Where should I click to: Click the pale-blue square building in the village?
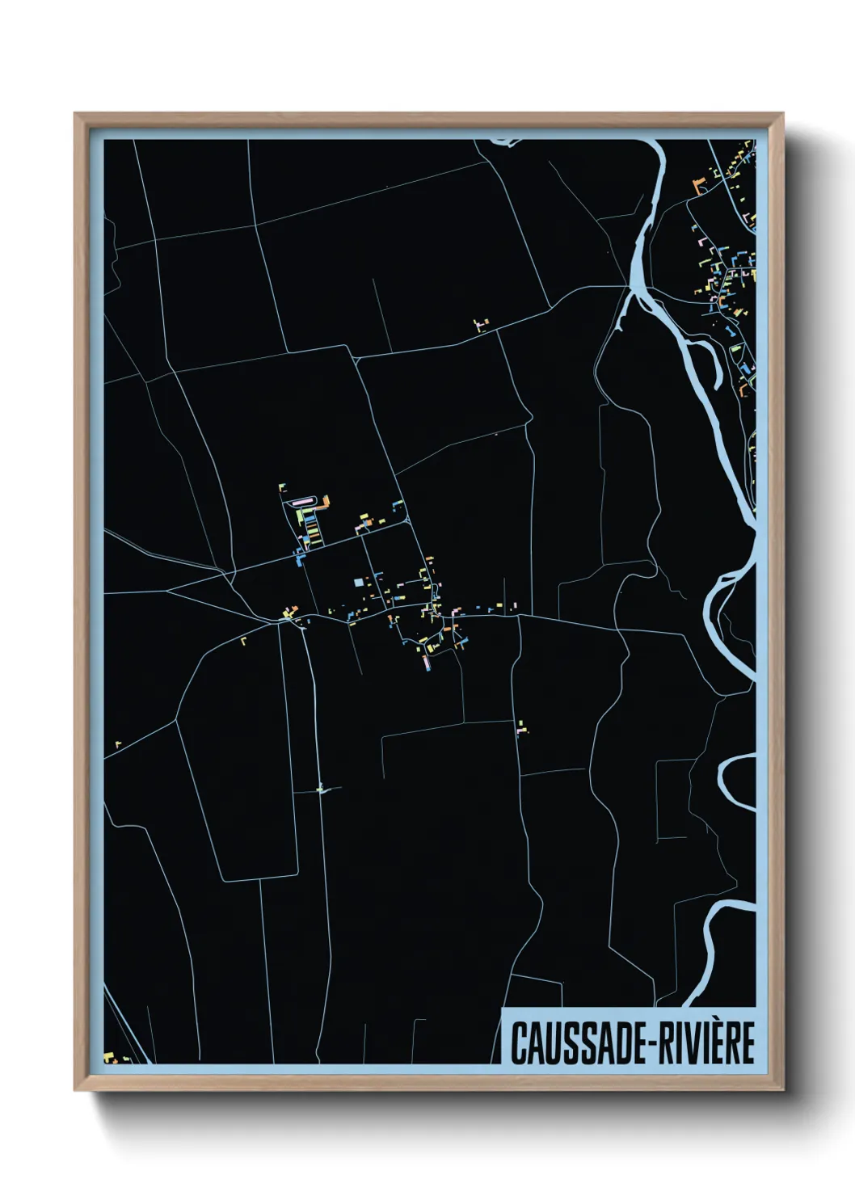tap(359, 582)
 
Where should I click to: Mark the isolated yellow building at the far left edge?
tap(118, 743)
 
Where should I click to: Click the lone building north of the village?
tap(482, 325)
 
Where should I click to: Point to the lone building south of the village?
tap(522, 726)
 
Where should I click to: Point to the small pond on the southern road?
tap(321, 790)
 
